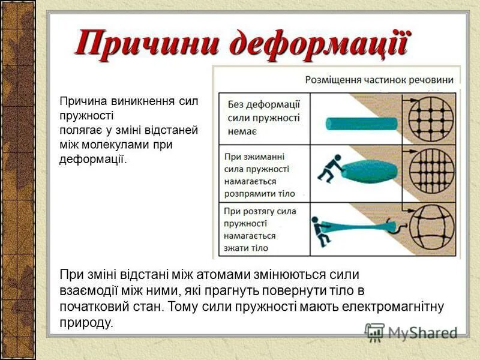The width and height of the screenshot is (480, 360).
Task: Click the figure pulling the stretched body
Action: pos(323,230)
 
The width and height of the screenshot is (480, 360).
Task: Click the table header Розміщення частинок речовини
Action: pos(379,79)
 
